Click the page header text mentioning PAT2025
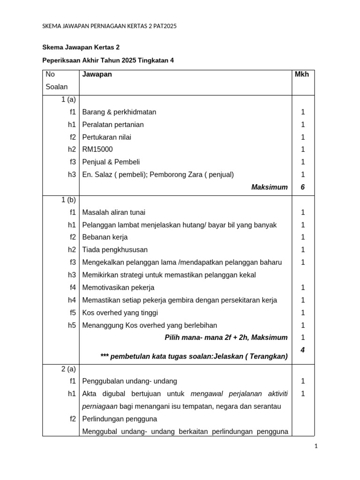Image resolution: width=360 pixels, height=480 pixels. [109, 26]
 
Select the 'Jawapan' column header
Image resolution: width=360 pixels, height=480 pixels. [97, 75]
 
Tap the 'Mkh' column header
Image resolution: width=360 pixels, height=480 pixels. [302, 75]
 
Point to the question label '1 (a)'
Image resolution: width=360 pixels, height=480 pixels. [68, 99]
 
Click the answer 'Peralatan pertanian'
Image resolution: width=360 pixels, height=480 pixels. [113, 125]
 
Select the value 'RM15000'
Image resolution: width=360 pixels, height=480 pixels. [97, 150]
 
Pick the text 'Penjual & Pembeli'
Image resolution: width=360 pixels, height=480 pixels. [111, 162]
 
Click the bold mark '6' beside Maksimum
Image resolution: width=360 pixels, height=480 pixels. [303, 187]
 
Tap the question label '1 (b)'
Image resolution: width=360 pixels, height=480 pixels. [68, 200]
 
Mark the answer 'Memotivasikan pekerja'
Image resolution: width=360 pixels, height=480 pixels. [118, 287]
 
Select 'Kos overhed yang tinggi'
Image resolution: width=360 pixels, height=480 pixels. [120, 313]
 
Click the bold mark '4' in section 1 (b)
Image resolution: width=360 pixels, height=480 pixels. [303, 350]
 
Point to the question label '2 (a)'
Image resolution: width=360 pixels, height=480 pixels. [68, 369]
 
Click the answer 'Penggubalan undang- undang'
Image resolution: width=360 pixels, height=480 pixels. [130, 381]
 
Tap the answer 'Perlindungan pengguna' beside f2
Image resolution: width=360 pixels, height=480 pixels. [120, 419]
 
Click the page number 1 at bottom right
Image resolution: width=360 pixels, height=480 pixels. [316, 447]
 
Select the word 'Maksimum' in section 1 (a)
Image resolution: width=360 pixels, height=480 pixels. [270, 187]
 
